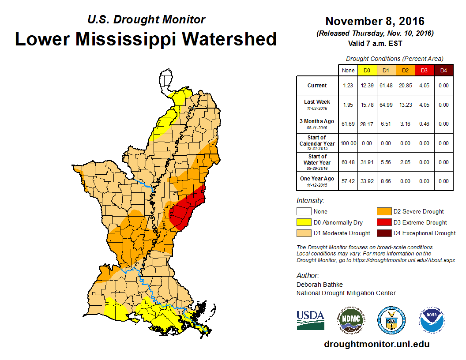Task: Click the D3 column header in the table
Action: click(x=424, y=70)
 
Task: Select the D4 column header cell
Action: click(x=443, y=70)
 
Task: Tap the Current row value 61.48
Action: click(x=386, y=86)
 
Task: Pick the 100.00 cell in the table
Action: click(x=348, y=143)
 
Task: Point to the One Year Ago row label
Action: click(x=317, y=179)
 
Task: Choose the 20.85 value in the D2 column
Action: click(x=405, y=86)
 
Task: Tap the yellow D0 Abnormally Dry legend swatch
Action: click(x=303, y=222)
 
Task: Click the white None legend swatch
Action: click(x=303, y=211)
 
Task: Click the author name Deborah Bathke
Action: click(x=319, y=285)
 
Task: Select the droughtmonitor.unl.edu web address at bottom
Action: click(x=376, y=344)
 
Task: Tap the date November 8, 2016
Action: click(x=375, y=21)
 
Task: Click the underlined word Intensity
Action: click(x=310, y=201)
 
